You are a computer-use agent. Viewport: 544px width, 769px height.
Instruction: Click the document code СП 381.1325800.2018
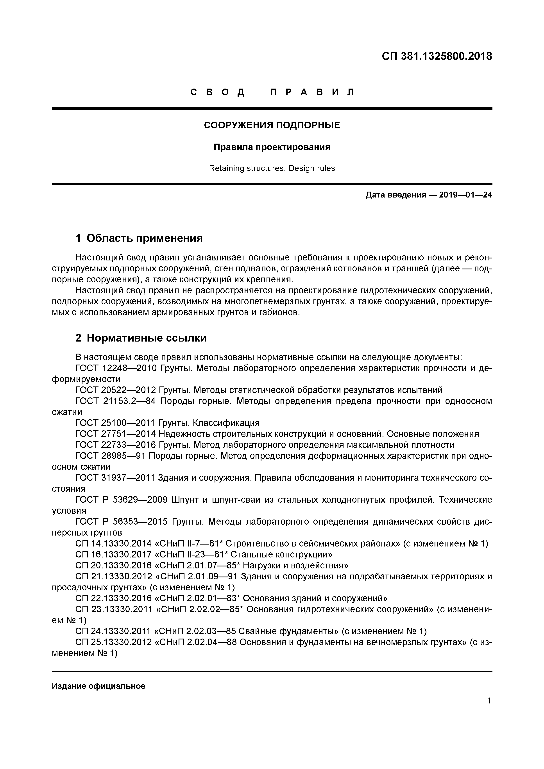pyautogui.click(x=437, y=56)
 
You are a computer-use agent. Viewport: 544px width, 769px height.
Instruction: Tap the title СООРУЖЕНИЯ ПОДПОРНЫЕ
pyautogui.click(x=272, y=125)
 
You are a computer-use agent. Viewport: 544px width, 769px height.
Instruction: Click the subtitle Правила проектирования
pyautogui.click(x=272, y=147)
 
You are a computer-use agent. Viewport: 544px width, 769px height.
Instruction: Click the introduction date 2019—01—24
pyautogui.click(x=465, y=195)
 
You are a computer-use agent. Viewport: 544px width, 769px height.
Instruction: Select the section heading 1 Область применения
pyautogui.click(x=139, y=238)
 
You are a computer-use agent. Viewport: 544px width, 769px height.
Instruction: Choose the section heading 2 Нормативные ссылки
pyautogui.click(x=141, y=338)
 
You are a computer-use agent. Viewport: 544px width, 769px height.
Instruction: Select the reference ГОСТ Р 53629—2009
pyautogui.click(x=121, y=500)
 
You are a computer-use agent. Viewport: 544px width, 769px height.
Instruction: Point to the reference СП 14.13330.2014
pyautogui.click(x=114, y=544)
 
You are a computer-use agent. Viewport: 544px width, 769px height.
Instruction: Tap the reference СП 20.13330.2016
pyautogui.click(x=114, y=566)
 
